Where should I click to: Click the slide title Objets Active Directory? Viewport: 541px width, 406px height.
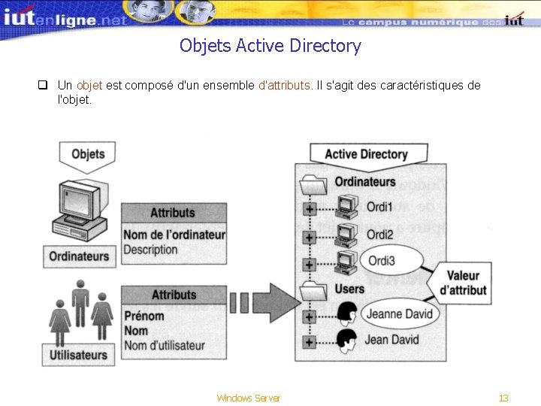click(270, 46)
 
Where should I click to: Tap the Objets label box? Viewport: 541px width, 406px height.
click(88, 154)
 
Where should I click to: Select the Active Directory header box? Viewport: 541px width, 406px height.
click(366, 154)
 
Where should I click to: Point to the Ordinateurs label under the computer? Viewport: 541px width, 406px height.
click(79, 256)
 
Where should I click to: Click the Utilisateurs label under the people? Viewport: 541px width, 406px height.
click(78, 354)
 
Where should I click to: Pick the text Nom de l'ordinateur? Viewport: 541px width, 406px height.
click(174, 235)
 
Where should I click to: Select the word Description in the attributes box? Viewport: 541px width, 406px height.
click(150, 250)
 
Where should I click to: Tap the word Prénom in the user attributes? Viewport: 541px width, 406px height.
click(144, 316)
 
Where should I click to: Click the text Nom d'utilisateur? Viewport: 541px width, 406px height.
click(164, 346)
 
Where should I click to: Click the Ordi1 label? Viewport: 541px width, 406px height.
click(379, 206)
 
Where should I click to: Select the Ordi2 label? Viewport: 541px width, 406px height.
click(379, 235)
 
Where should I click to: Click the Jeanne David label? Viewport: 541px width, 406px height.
click(399, 314)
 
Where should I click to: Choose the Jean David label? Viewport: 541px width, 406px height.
click(393, 340)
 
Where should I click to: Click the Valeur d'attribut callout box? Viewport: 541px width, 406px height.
click(463, 283)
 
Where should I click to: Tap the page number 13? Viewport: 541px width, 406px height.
click(503, 398)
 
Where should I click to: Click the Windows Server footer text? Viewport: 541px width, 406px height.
click(248, 398)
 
